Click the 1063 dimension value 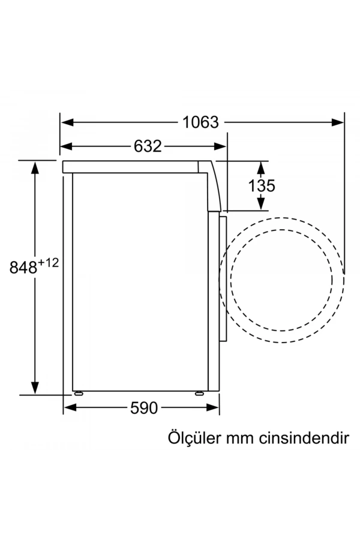201,122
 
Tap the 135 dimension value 262,185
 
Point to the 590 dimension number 143,408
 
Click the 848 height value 23,268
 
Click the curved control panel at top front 214,186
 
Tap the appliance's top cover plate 132,167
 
